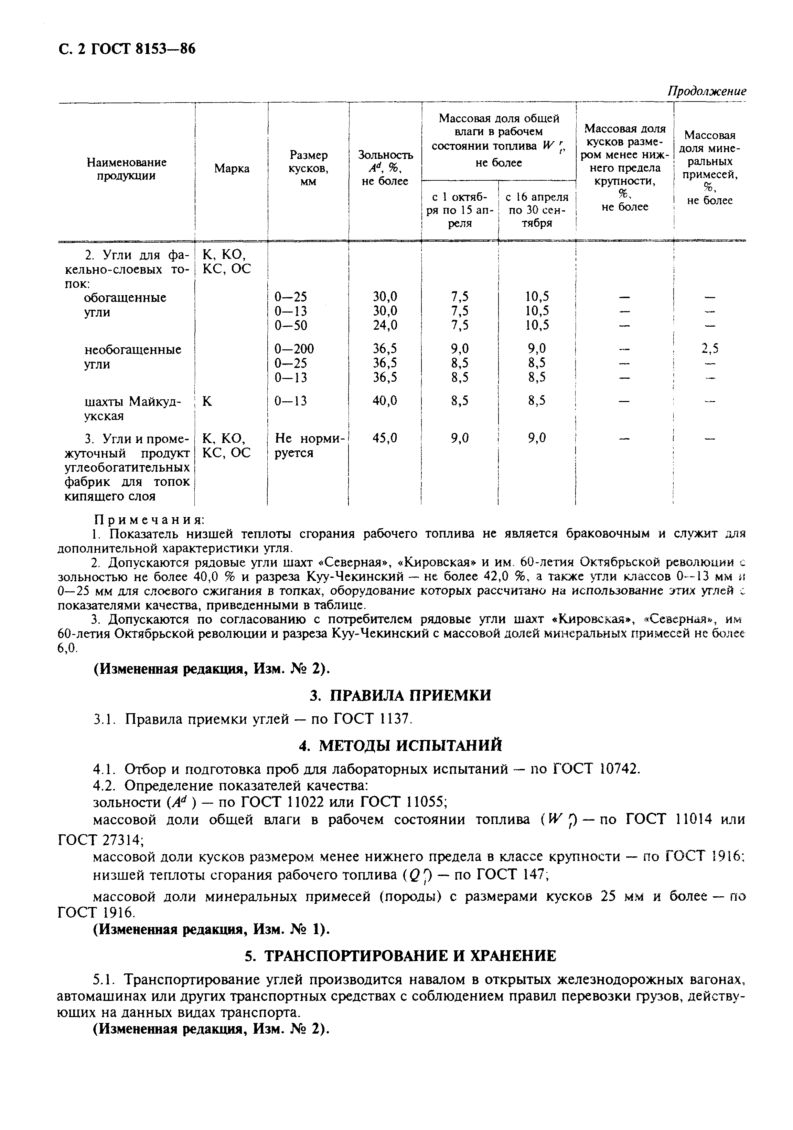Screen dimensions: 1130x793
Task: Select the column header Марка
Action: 232,169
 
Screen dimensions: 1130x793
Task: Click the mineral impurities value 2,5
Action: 710,349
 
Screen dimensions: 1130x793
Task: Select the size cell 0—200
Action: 294,349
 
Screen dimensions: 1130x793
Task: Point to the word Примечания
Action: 149,520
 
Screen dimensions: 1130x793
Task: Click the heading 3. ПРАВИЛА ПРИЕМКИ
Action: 400,695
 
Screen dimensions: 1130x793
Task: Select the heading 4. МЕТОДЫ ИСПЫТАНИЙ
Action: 400,746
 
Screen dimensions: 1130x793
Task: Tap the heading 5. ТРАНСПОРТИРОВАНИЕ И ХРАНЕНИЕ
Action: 400,956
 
